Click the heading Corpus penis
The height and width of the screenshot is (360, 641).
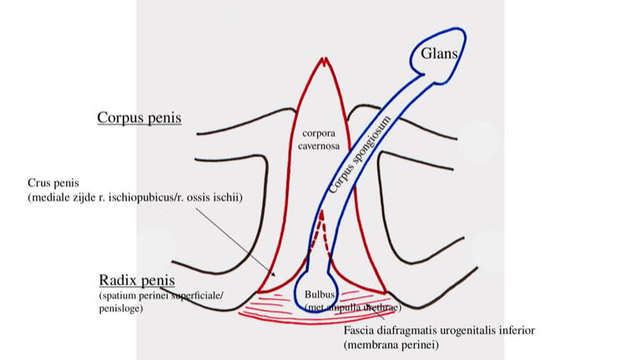[139, 118]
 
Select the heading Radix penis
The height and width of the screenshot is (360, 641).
[136, 280]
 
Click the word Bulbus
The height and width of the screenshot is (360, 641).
[319, 295]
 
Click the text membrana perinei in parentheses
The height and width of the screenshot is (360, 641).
[391, 344]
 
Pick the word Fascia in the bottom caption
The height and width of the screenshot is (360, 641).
[361, 330]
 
